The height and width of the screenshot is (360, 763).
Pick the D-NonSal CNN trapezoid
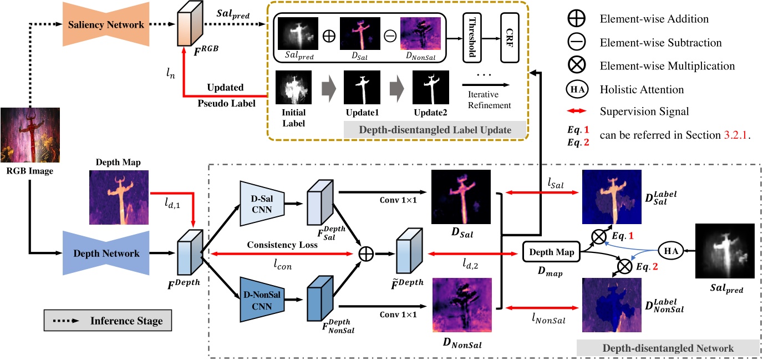tap(261, 298)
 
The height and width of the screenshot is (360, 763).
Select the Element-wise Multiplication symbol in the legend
tap(575, 65)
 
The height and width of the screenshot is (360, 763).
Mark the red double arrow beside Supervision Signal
tap(575, 111)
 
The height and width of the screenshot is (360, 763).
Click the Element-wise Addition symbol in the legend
tap(575, 19)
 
